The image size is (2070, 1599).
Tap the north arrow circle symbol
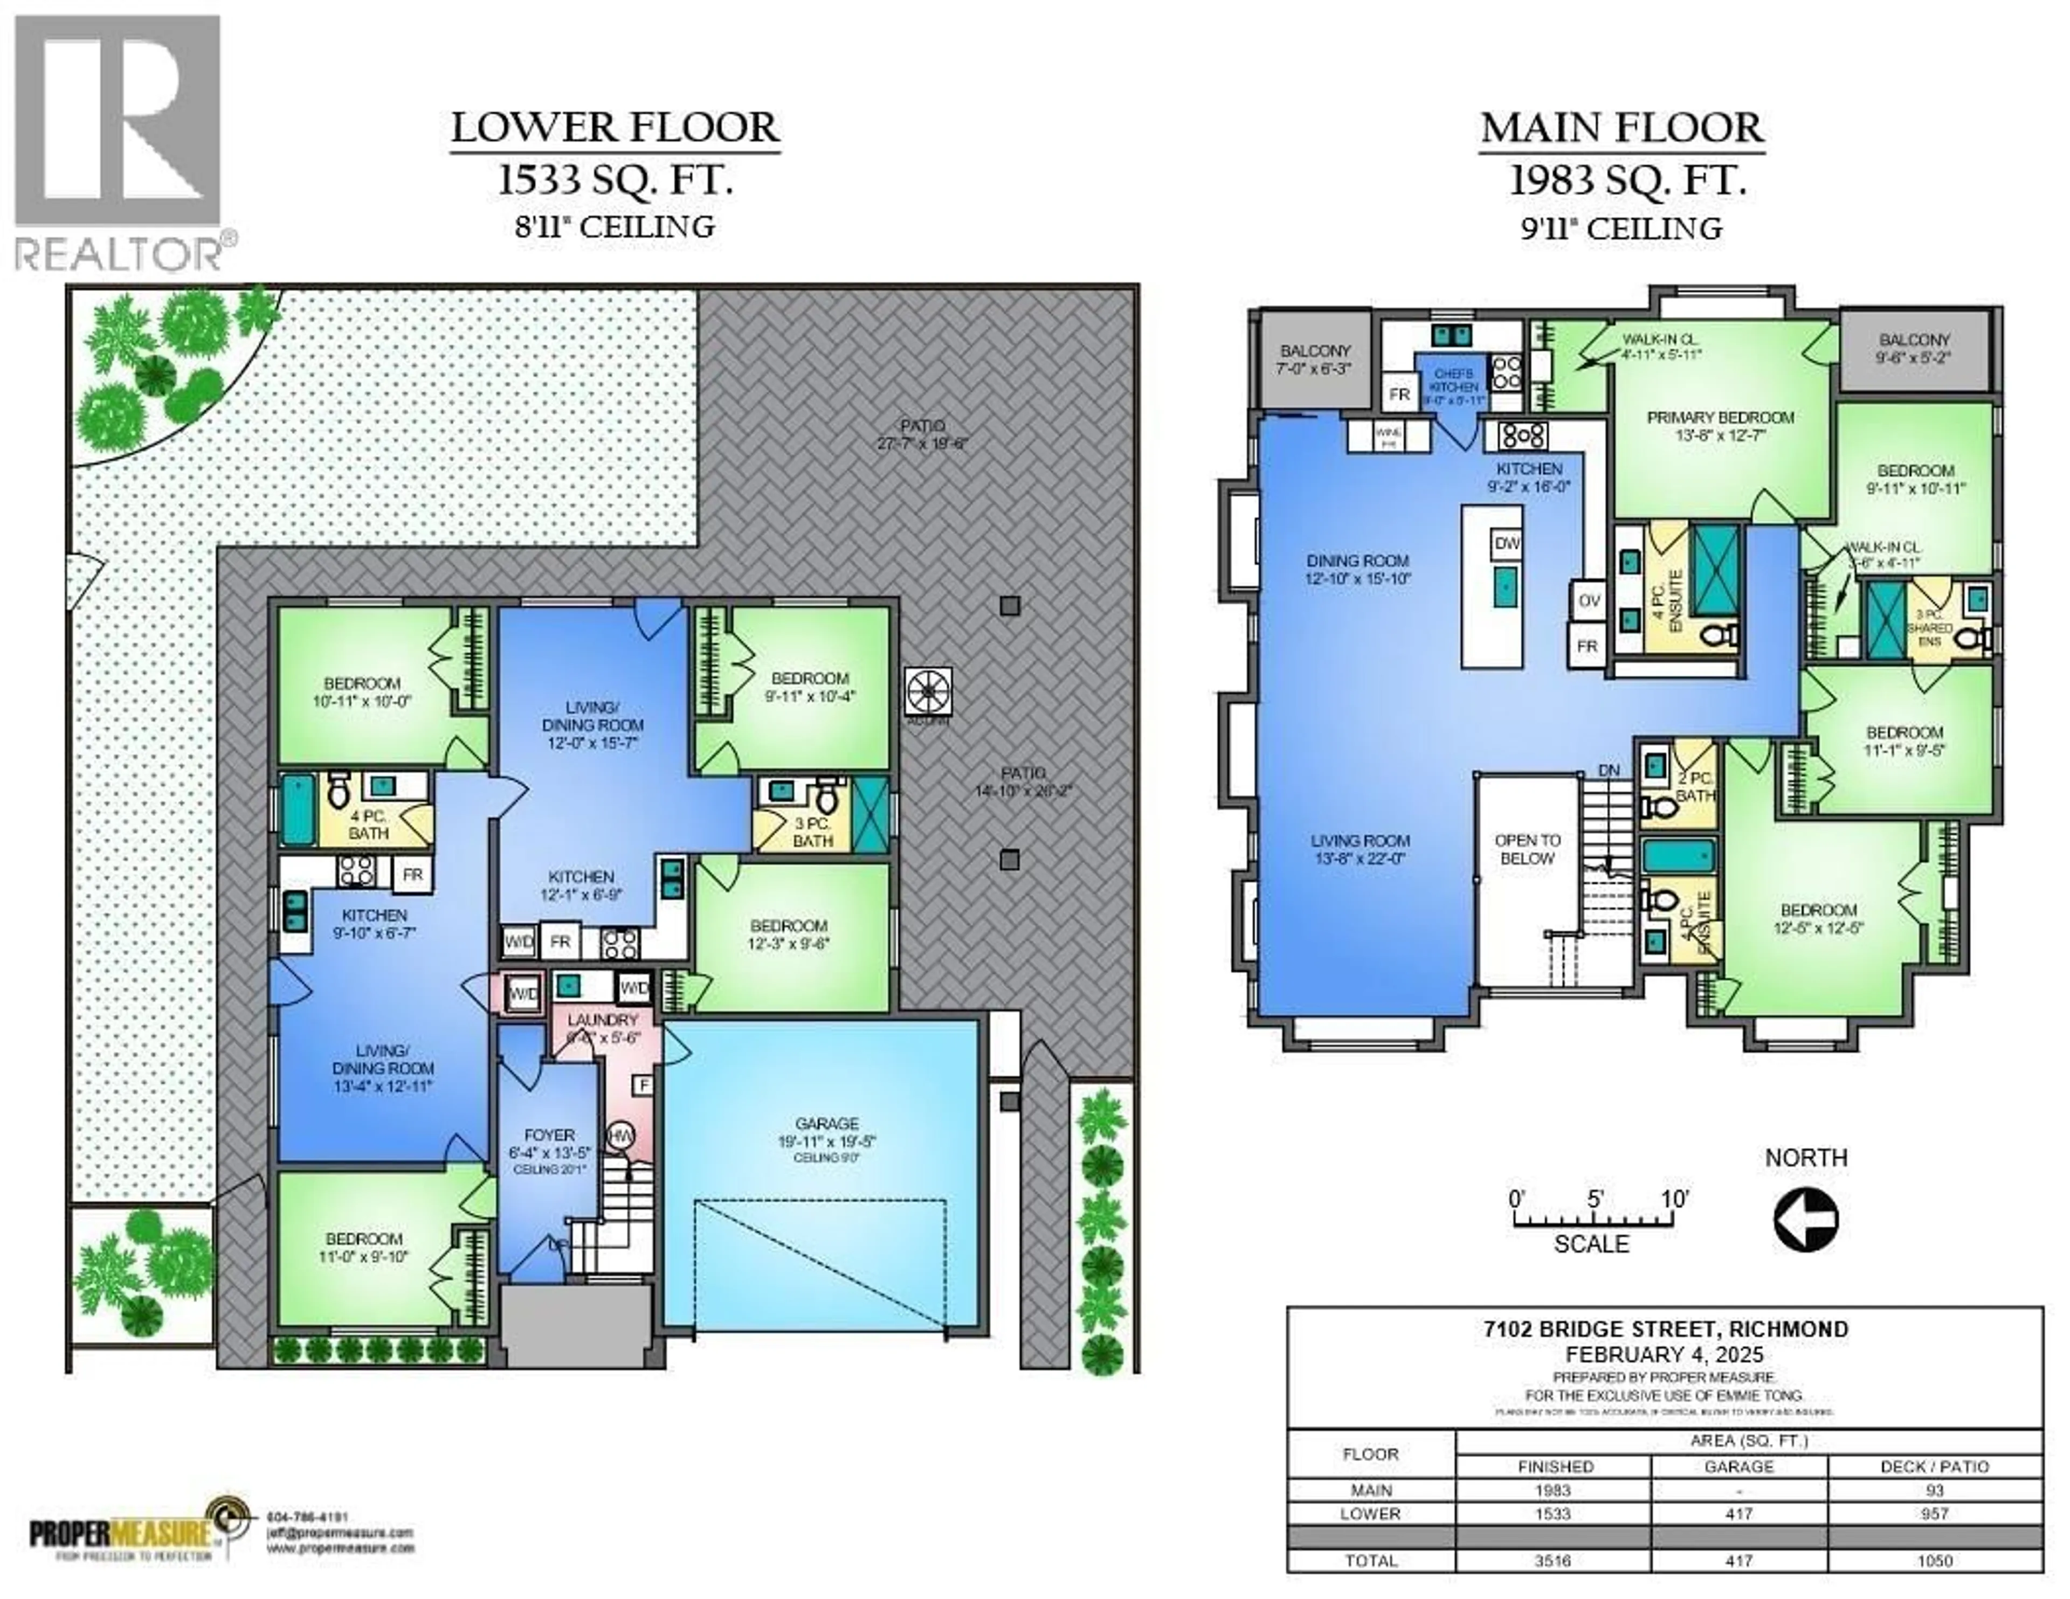(x=1805, y=1221)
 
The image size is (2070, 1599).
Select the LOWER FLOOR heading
(x=615, y=128)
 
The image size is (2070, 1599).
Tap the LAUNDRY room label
(x=603, y=1020)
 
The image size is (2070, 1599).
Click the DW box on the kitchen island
(x=1507, y=543)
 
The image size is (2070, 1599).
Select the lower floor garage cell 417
(x=1738, y=1514)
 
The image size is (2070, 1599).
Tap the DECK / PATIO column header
(x=1935, y=1466)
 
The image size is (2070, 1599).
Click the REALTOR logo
(x=119, y=142)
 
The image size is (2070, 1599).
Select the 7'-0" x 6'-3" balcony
(x=1315, y=359)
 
